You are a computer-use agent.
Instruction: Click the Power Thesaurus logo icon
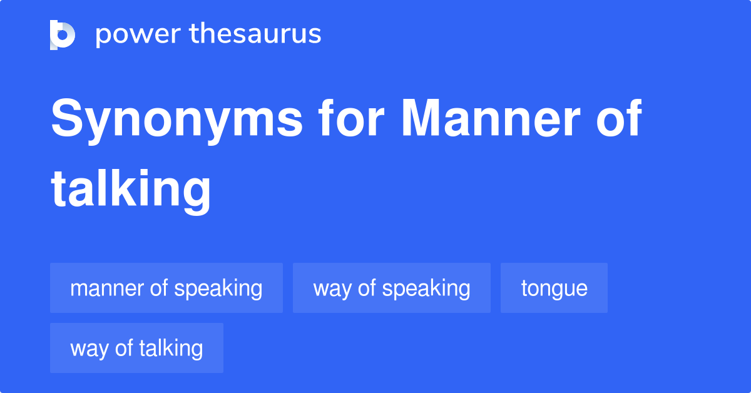pyautogui.click(x=63, y=34)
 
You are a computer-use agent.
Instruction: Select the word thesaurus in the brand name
pyautogui.click(x=256, y=34)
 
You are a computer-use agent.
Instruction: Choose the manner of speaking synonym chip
pyautogui.click(x=166, y=288)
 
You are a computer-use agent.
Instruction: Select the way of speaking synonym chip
pyautogui.click(x=392, y=288)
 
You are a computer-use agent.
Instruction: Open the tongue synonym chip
pyautogui.click(x=554, y=288)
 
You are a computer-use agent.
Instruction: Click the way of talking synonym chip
pyautogui.click(x=136, y=348)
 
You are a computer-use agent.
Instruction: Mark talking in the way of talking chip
pyautogui.click(x=171, y=349)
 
